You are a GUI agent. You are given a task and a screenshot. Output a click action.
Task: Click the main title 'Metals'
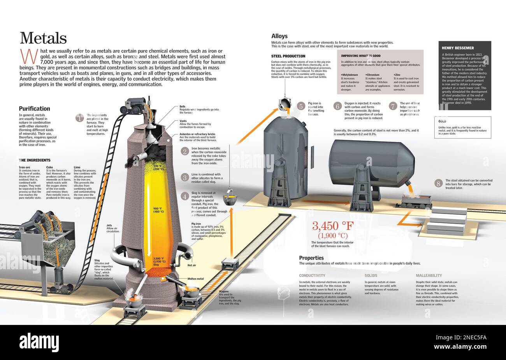point(43,38)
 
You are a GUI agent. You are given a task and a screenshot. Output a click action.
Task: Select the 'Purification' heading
point(34,109)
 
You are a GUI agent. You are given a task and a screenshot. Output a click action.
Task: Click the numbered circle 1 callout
point(80,118)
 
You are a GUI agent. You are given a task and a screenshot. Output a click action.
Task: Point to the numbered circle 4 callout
point(185,196)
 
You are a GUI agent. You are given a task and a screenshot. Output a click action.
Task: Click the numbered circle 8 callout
point(439,183)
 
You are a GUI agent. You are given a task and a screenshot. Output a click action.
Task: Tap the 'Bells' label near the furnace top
point(182,106)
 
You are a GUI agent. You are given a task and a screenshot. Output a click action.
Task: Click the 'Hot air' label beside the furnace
point(192,265)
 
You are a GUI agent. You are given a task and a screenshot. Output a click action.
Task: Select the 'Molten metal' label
point(195,279)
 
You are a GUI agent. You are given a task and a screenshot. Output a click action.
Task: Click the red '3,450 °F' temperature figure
point(333,226)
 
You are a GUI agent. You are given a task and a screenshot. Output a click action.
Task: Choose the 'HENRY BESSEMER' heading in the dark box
point(458,48)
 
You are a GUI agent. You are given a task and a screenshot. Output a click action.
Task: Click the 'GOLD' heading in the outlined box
point(442,121)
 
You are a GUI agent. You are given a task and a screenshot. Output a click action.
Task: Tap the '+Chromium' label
point(372,74)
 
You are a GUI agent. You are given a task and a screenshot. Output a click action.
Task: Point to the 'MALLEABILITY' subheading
point(429,275)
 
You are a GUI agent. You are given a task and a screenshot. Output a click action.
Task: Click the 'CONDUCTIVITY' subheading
point(312,275)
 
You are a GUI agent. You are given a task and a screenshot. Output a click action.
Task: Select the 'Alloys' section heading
point(279,36)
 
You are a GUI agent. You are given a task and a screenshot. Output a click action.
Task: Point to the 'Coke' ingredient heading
point(49,167)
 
